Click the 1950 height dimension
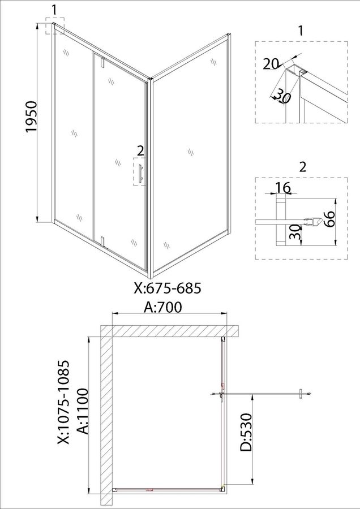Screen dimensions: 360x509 pos(32,117)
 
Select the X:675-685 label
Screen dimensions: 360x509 pos(168,288)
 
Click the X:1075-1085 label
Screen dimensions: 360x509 pos(64,402)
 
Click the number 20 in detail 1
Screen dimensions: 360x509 pos(271,64)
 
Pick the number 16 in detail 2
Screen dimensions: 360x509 pos(282,187)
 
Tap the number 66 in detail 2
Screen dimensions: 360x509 pos(328,219)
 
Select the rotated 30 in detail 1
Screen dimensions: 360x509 pos(280,96)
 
